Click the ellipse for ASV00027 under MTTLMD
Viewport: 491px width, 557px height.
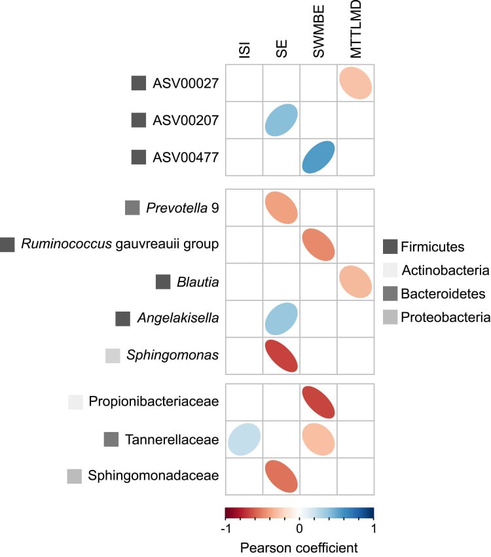(x=355, y=83)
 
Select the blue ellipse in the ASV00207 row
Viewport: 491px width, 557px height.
(x=282, y=120)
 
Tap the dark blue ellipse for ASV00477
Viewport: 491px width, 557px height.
(x=319, y=158)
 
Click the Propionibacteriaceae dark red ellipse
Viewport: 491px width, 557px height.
(x=319, y=402)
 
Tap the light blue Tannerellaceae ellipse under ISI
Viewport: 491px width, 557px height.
(x=244, y=439)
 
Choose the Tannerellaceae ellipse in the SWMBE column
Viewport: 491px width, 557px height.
(x=319, y=439)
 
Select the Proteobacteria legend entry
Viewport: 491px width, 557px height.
(x=446, y=317)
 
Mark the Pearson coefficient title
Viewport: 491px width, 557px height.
(x=299, y=546)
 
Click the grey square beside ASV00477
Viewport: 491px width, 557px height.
(x=138, y=158)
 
